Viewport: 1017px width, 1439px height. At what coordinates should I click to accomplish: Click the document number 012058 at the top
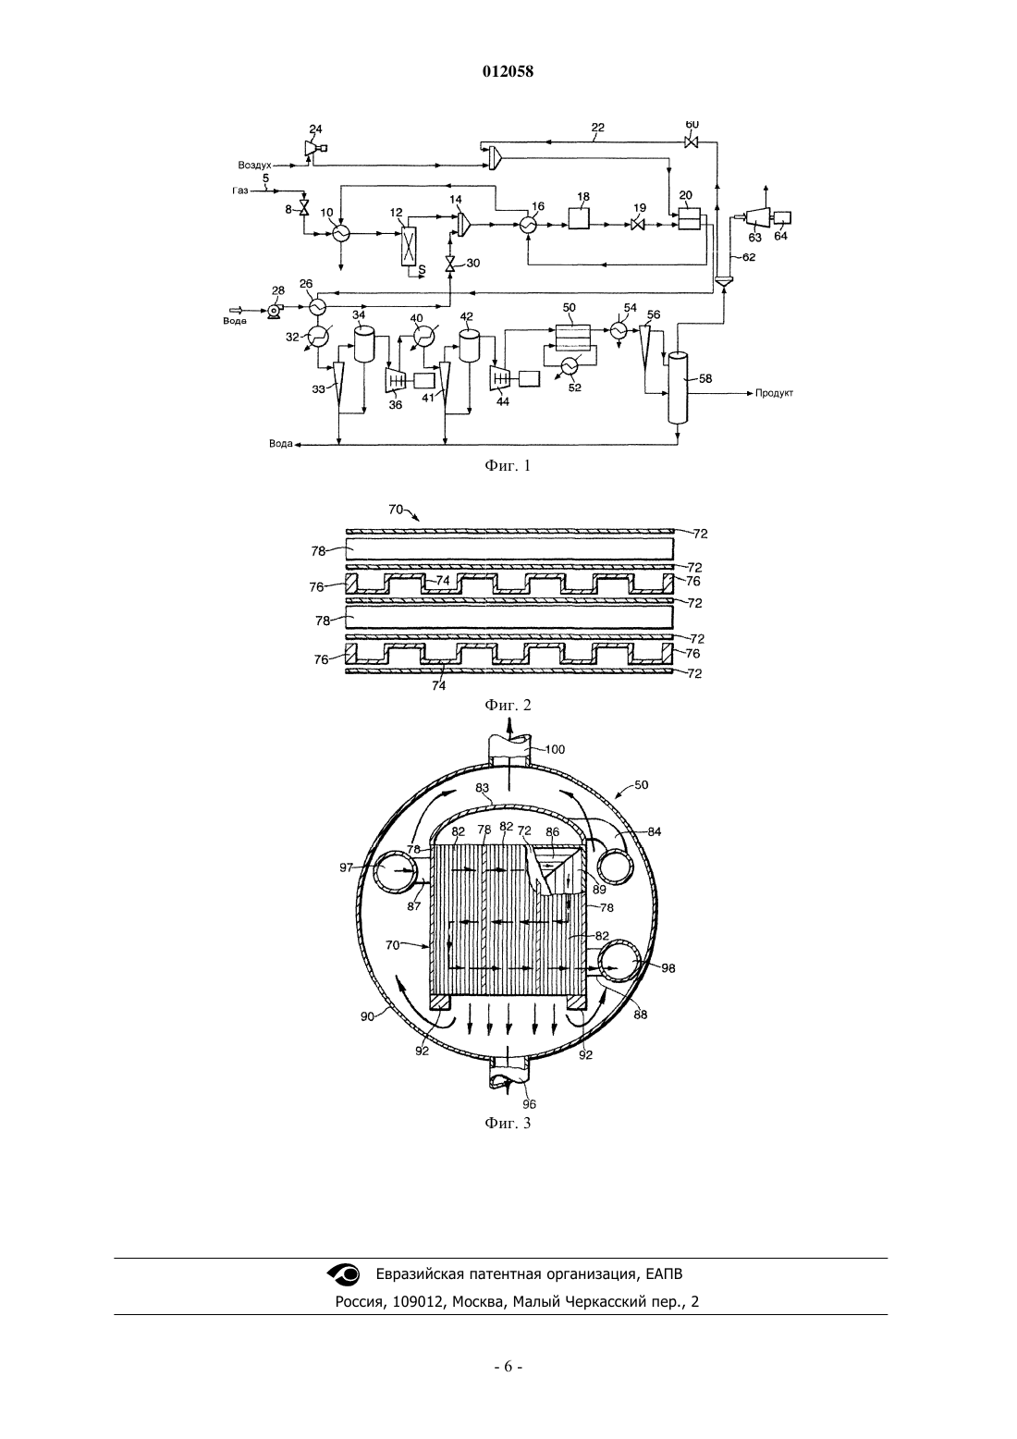tap(508, 71)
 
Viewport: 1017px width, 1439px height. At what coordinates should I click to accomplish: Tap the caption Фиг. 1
tap(508, 466)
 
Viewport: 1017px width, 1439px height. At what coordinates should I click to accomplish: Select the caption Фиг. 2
tap(508, 705)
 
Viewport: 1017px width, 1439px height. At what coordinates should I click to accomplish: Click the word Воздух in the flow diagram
tap(255, 166)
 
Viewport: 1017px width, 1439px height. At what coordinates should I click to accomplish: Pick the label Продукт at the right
tap(775, 392)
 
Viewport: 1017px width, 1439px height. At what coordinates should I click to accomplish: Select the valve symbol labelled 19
tap(638, 225)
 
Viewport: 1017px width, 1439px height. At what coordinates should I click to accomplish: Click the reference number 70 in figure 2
tap(395, 510)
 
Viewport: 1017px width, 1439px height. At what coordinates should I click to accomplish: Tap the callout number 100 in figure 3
tap(555, 749)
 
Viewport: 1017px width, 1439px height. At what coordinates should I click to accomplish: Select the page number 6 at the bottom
tap(508, 1366)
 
